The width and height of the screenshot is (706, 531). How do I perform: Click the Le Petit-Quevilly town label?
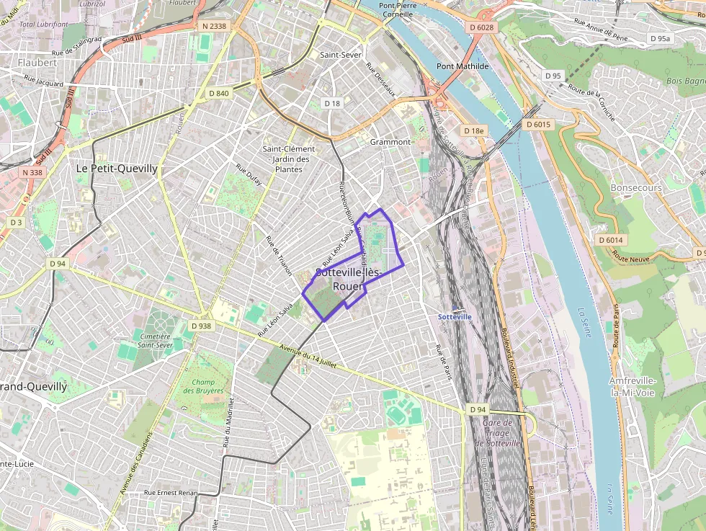[x=117, y=168]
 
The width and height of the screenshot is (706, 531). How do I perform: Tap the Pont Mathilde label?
[x=463, y=66]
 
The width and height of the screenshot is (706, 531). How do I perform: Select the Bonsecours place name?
[x=635, y=187]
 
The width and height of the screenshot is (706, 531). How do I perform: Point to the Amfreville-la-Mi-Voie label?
[x=631, y=386]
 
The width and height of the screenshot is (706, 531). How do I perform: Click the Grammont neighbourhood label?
[x=390, y=142]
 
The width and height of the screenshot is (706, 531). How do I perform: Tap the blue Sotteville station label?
[x=455, y=316]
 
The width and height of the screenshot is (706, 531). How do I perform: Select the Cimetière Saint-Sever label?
[x=155, y=340]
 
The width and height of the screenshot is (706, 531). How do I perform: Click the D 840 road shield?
[x=218, y=93]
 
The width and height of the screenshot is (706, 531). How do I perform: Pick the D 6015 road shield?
[x=538, y=125]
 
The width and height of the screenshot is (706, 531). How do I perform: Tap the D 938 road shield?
[x=202, y=326]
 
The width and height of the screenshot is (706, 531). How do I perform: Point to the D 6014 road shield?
[x=609, y=240]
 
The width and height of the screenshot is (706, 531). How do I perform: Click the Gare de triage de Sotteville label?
[x=499, y=433]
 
